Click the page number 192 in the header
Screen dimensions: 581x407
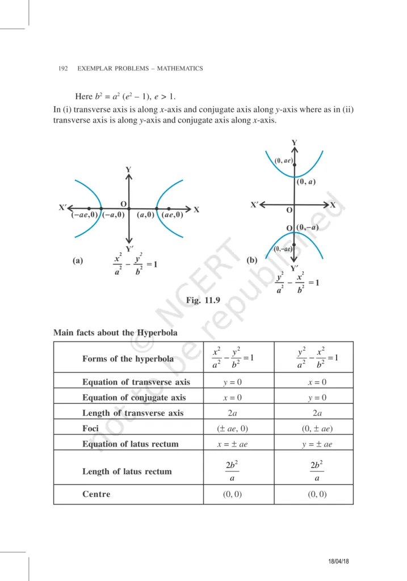tap(64, 69)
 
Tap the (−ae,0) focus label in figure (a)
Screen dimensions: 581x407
tap(84, 215)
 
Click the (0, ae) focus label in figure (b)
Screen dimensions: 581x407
tap(283, 161)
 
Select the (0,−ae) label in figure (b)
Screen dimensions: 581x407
tap(283, 249)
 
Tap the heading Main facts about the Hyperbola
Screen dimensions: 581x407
tap(115, 332)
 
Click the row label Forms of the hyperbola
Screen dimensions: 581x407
tap(128, 359)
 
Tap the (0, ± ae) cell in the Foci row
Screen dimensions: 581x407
tap(313, 428)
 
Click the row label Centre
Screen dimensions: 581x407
tap(96, 494)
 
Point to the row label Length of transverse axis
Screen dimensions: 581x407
tap(133, 413)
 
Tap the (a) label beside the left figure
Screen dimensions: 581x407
tap(78, 261)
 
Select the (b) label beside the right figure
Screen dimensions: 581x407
tap(253, 261)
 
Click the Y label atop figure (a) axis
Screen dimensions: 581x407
tap(128, 170)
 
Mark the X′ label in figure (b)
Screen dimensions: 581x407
tap(255, 204)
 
